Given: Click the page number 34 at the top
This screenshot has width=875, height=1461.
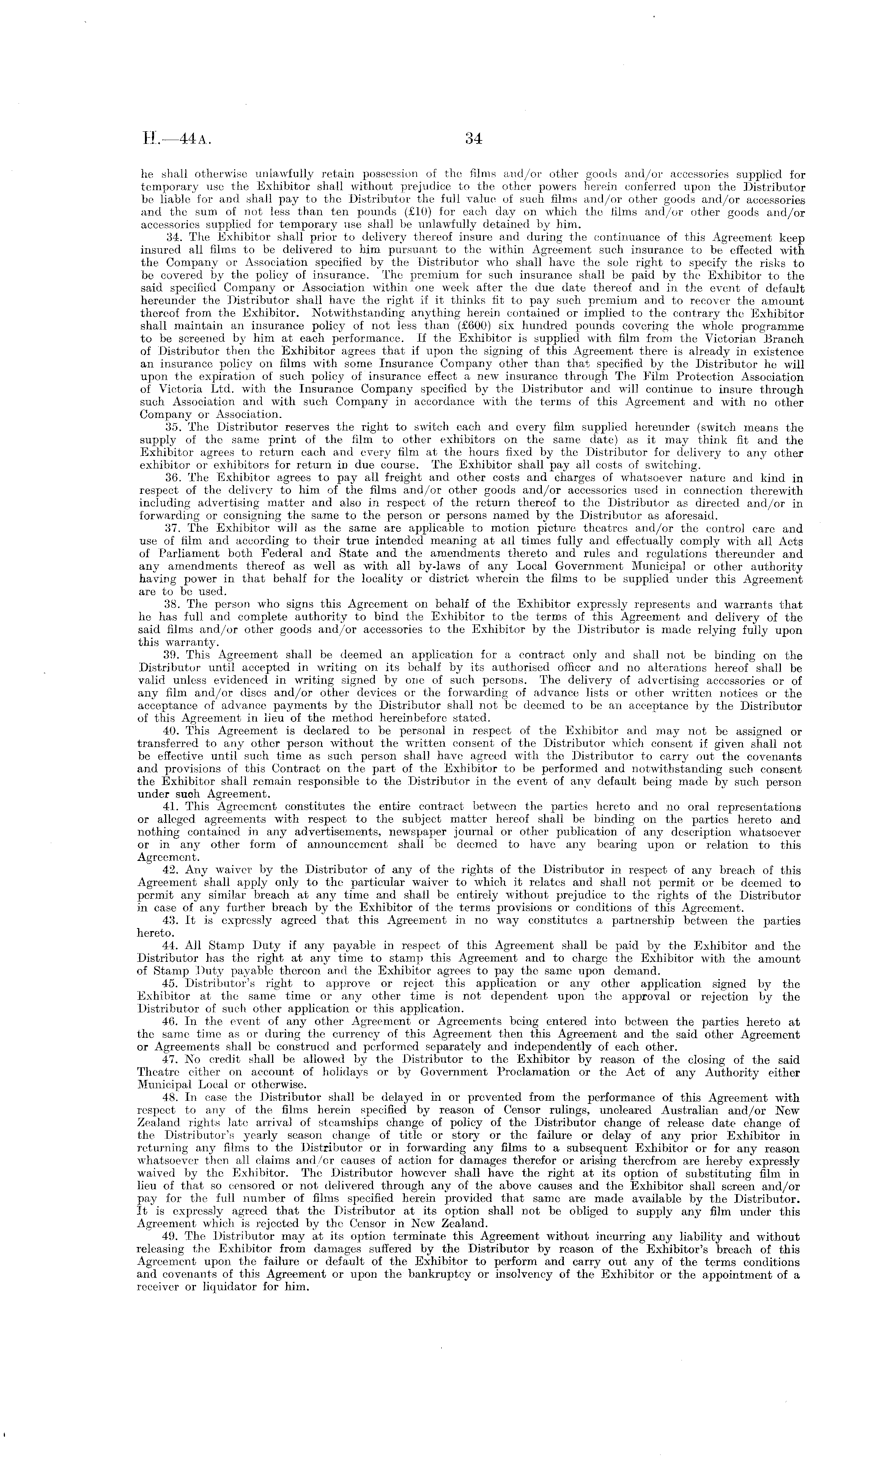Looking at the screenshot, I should tap(474, 139).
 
